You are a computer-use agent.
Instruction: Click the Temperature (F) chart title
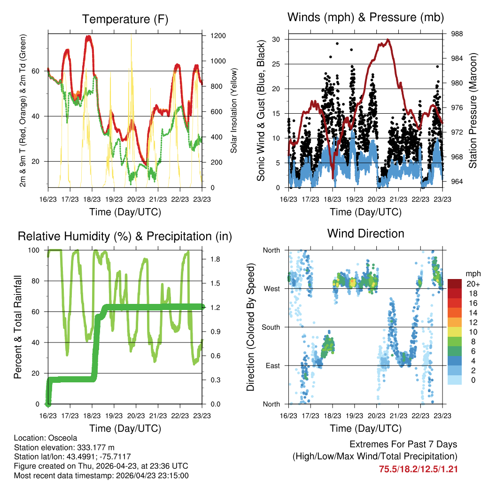pos(125,19)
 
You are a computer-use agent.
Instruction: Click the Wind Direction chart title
pos(365,233)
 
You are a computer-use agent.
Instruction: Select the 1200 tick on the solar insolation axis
pos(218,36)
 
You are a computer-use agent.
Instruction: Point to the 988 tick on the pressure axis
pos(457,34)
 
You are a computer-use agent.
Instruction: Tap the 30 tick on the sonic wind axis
pos(276,39)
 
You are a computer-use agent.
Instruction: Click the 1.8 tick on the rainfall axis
pos(215,259)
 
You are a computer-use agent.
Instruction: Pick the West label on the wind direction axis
pos(272,289)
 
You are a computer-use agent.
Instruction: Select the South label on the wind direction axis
pos(271,327)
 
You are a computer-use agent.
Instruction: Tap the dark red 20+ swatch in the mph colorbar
pos(455,284)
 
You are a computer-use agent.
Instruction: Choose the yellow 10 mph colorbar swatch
pos(455,332)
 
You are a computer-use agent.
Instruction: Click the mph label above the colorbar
pos(473,274)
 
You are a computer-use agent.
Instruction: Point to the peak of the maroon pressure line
pos(388,39)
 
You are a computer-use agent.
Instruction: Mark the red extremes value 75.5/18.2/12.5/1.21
pos(418,469)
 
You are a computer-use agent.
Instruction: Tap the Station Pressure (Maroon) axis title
pos(473,110)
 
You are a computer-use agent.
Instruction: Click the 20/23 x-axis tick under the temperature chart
pos(136,199)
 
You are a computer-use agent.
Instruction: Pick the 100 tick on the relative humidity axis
pos(34,250)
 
